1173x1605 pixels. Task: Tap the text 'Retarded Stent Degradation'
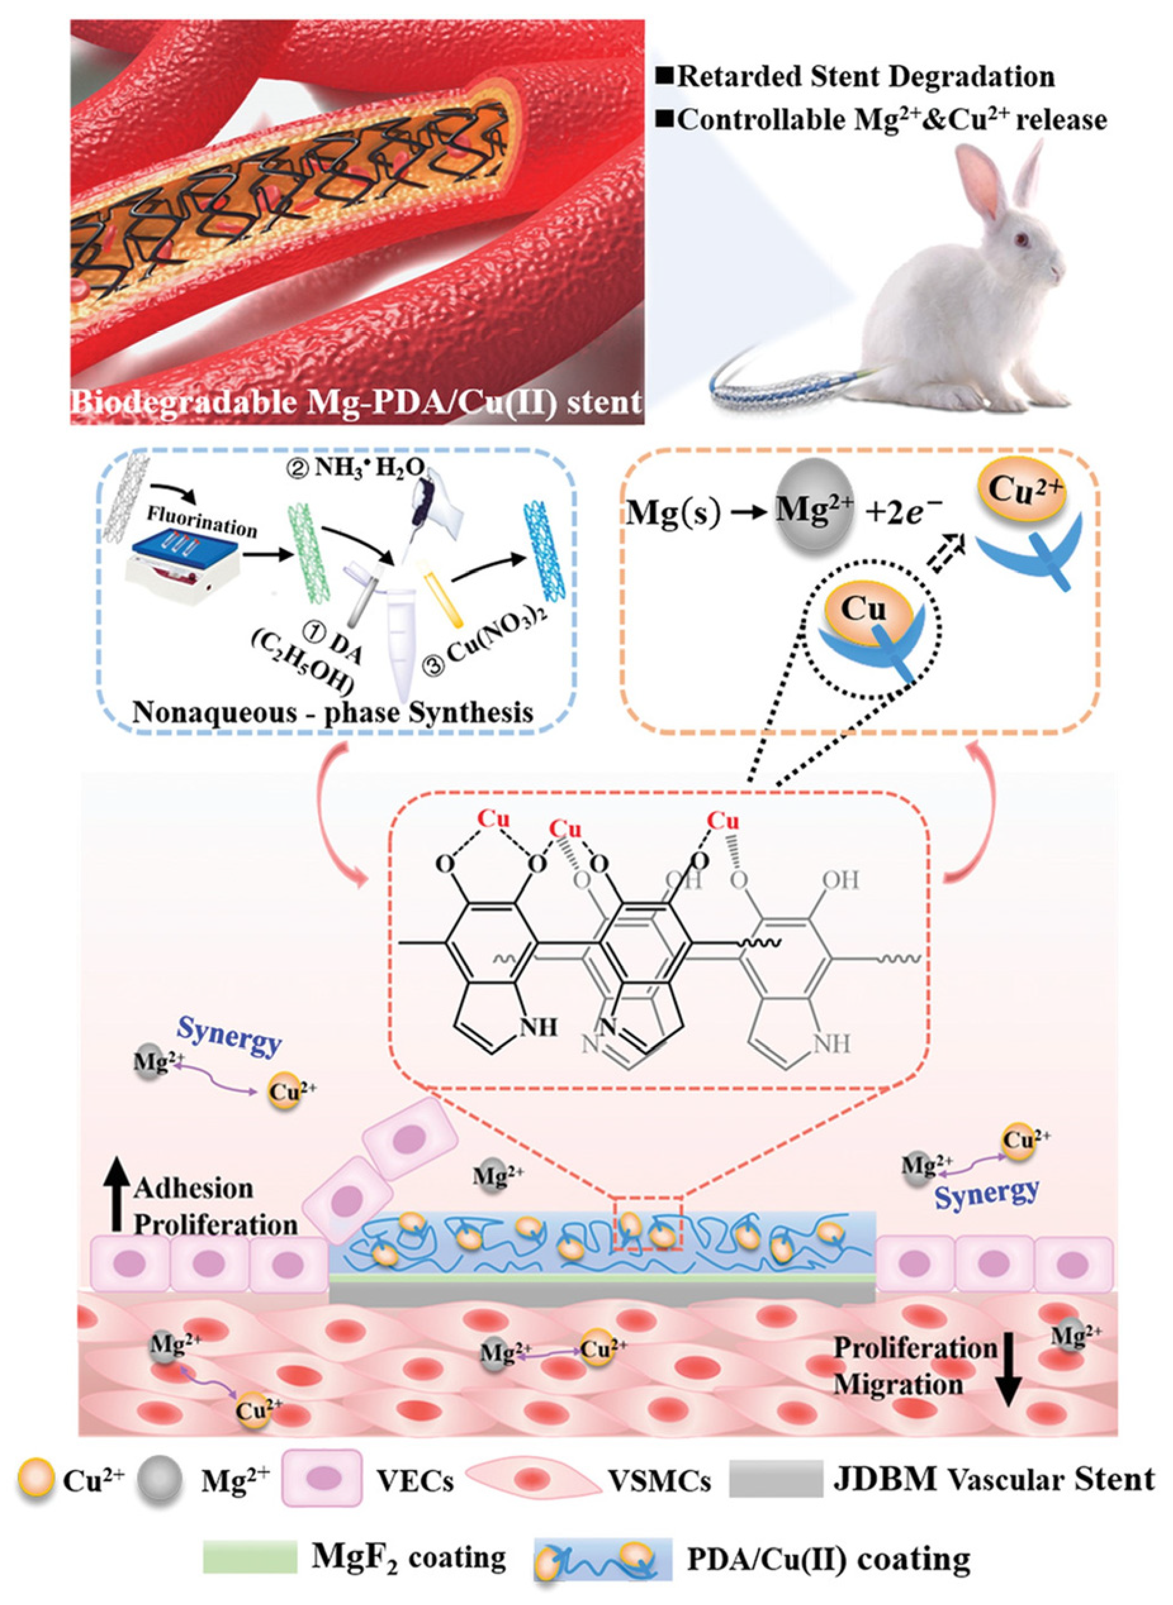(865, 77)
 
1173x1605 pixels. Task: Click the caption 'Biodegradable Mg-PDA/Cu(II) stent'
(357, 403)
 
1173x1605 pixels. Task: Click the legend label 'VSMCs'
(660, 1480)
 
